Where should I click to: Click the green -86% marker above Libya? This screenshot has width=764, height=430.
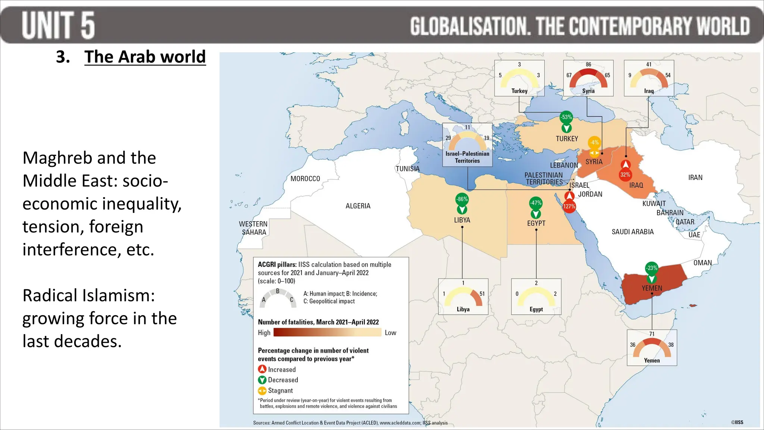pyautogui.click(x=462, y=200)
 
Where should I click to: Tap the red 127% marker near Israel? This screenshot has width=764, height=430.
pyautogui.click(x=569, y=206)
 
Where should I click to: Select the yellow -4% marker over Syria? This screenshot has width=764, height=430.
pyautogui.click(x=594, y=143)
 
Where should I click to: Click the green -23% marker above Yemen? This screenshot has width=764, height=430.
pyautogui.click(x=652, y=268)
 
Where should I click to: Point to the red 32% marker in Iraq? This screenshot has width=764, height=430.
pyautogui.click(x=625, y=174)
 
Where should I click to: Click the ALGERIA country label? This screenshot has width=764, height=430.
pyautogui.click(x=358, y=206)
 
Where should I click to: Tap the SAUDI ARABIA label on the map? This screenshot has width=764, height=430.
pyautogui.click(x=633, y=232)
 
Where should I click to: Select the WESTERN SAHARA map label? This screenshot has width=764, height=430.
pyautogui.click(x=253, y=228)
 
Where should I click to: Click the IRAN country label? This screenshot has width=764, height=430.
pyautogui.click(x=695, y=178)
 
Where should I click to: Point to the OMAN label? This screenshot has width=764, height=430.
pyautogui.click(x=702, y=263)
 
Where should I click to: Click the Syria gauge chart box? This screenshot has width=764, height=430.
pyautogui.click(x=588, y=78)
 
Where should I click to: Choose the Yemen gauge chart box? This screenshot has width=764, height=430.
pyautogui.click(x=652, y=348)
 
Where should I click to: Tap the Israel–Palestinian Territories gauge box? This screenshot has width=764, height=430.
pyautogui.click(x=467, y=145)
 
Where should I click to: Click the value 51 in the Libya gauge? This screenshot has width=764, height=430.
pyautogui.click(x=482, y=294)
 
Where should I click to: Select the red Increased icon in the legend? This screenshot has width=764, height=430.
pyautogui.click(x=262, y=369)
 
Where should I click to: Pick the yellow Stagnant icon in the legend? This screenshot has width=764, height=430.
pyautogui.click(x=262, y=390)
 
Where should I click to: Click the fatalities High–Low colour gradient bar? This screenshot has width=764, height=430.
pyautogui.click(x=327, y=333)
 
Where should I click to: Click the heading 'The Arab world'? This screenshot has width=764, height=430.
pyautogui.click(x=145, y=57)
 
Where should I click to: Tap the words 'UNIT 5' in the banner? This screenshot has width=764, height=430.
pyautogui.click(x=58, y=25)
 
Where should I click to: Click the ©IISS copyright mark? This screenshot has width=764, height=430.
pyautogui.click(x=737, y=422)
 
